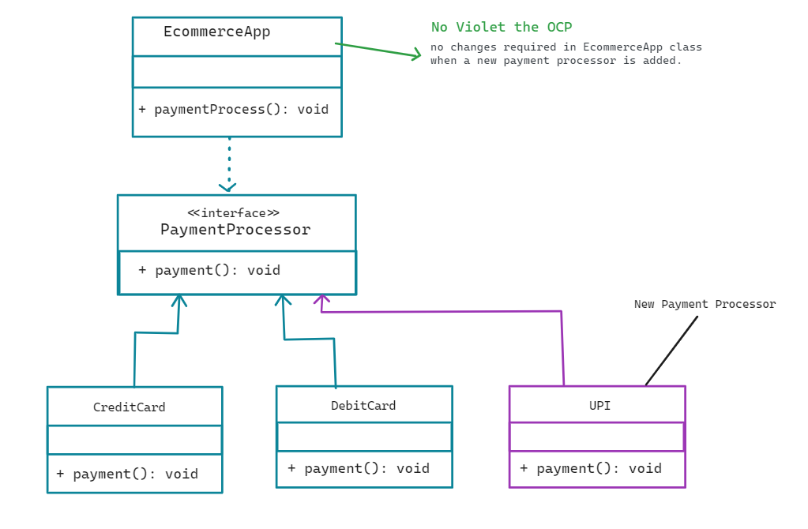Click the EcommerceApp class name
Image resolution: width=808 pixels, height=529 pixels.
[216, 32]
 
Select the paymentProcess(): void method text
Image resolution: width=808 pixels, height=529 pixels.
[234, 110]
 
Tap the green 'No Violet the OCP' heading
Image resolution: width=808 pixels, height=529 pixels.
[502, 28]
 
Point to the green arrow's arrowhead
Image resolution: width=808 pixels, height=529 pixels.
[417, 54]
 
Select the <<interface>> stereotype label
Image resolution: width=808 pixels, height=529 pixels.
[233, 213]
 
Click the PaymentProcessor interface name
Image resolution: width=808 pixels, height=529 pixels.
[235, 230]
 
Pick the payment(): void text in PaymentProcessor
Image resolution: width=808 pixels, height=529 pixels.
[209, 270]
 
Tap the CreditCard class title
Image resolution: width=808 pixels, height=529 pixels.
[130, 407]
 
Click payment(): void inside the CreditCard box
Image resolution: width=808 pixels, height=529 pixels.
[127, 474]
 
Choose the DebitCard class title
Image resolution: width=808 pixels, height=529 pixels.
[363, 406]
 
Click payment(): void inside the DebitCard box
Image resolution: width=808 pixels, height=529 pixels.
[359, 468]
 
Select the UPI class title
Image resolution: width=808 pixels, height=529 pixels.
[599, 406]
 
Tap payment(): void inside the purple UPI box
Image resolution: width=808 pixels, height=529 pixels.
[591, 468]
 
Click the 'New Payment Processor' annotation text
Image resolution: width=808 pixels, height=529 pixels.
[705, 304]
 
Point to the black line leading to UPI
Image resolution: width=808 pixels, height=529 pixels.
[671, 351]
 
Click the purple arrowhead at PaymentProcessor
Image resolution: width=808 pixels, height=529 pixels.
[321, 300]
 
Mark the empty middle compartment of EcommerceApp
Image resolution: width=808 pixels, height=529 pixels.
[237, 72]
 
